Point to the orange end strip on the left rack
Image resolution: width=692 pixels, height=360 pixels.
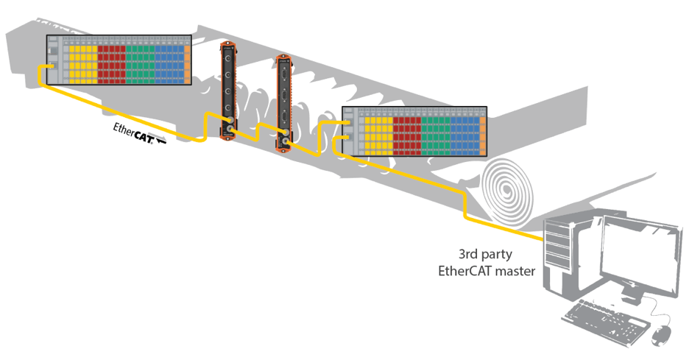click(188, 63)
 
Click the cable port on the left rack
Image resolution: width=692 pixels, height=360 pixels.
click(52, 66)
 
